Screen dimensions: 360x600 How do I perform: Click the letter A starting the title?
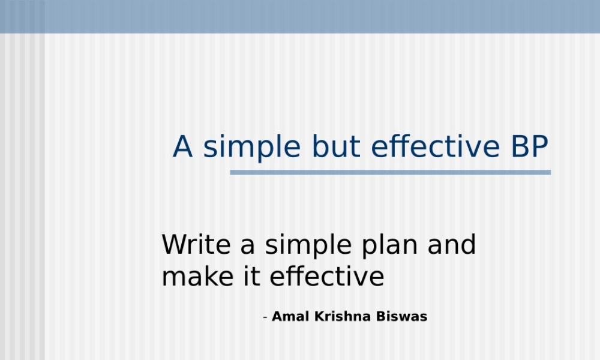[183, 147]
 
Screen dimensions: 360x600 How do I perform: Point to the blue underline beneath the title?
[390, 172]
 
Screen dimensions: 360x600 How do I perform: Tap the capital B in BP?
[519, 147]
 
